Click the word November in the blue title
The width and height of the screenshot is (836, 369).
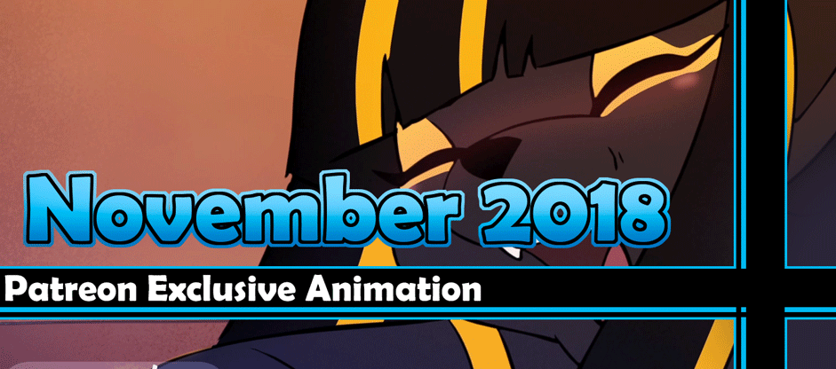pyautogui.click(x=240, y=210)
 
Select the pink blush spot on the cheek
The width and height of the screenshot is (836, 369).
pyautogui.click(x=689, y=81)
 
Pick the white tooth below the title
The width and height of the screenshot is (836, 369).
pyautogui.click(x=513, y=251)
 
